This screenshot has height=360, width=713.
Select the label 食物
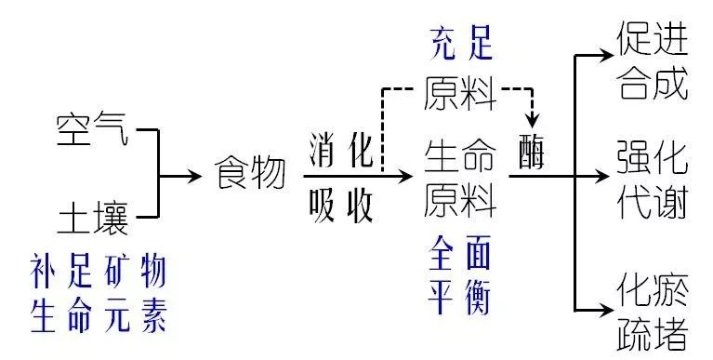tap(250, 174)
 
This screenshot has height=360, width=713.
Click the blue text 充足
tap(461, 43)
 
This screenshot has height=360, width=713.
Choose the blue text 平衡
tap(461, 299)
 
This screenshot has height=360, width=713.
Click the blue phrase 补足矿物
tap(99, 273)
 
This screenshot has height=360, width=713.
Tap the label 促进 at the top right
tap(653, 39)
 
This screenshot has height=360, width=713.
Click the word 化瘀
tap(653, 287)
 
